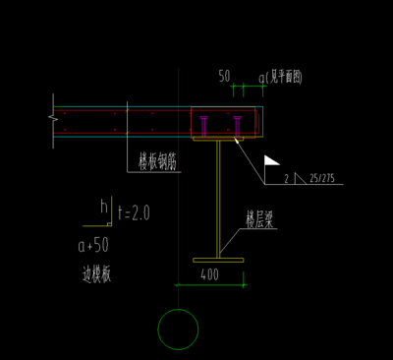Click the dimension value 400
pos(209,274)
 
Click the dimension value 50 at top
pos(224,75)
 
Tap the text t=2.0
pos(133,211)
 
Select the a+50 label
pos(93,244)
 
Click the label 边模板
pos(96,274)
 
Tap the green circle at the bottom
pos(178,329)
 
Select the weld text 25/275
pos(320,178)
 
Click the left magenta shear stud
pos(202,125)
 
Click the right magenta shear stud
pos(237,125)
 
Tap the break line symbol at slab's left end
pos(52,121)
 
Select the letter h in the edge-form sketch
pos(105,206)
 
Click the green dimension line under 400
pos(209,284)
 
